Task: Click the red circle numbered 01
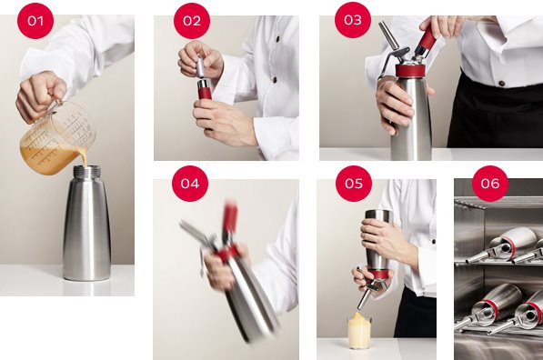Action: pyautogui.click(x=35, y=21)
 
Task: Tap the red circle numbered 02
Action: pyautogui.click(x=192, y=21)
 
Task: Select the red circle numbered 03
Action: pyautogui.click(x=353, y=20)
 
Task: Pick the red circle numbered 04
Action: pyautogui.click(x=190, y=184)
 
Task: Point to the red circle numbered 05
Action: pyautogui.click(x=354, y=184)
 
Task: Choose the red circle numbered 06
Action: pyautogui.click(x=490, y=184)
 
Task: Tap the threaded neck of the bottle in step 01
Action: pyautogui.click(x=86, y=171)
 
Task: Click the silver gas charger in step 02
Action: pyautogui.click(x=201, y=65)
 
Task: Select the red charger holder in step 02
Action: pyautogui.click(x=205, y=90)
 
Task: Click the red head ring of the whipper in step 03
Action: pyautogui.click(x=411, y=71)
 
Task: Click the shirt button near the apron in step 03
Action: pyautogui.click(x=501, y=83)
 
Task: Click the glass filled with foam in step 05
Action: pyautogui.click(x=359, y=331)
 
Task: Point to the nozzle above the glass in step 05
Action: pyautogui.click(x=364, y=298)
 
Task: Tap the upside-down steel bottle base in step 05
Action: pyautogui.click(x=379, y=215)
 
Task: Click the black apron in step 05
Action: pyautogui.click(x=416, y=314)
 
